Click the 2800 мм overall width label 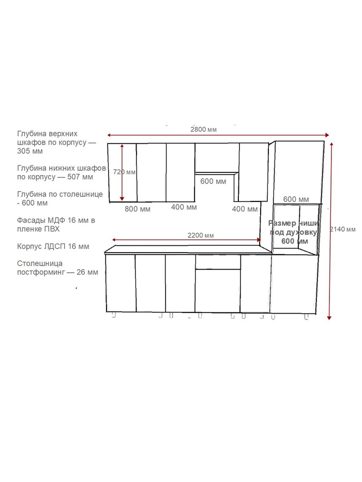(x=203, y=130)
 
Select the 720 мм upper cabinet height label (x=124, y=172)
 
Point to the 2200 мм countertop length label (x=201, y=236)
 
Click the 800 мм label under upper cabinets (x=138, y=209)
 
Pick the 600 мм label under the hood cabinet (x=213, y=181)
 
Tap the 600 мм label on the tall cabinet (x=296, y=199)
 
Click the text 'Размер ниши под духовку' (x=293, y=227)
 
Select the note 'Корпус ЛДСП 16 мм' (x=53, y=246)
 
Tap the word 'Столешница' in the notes (x=40, y=263)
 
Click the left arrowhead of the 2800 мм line (x=109, y=135)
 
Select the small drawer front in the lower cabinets (x=218, y=262)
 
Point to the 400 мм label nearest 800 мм (x=184, y=207)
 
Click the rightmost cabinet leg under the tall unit (x=306, y=317)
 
